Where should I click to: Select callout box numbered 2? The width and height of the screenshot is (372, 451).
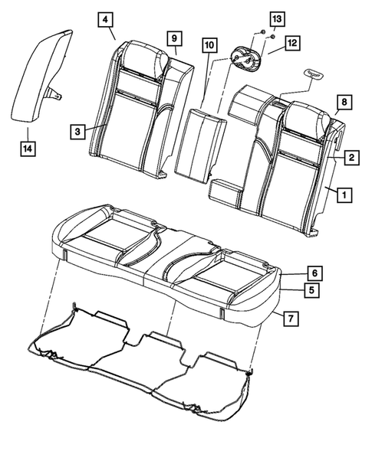point(350,158)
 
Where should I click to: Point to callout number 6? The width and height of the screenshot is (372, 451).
point(312,273)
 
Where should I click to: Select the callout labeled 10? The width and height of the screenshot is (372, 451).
point(209,46)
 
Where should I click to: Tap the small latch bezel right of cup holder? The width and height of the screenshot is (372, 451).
point(314,73)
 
